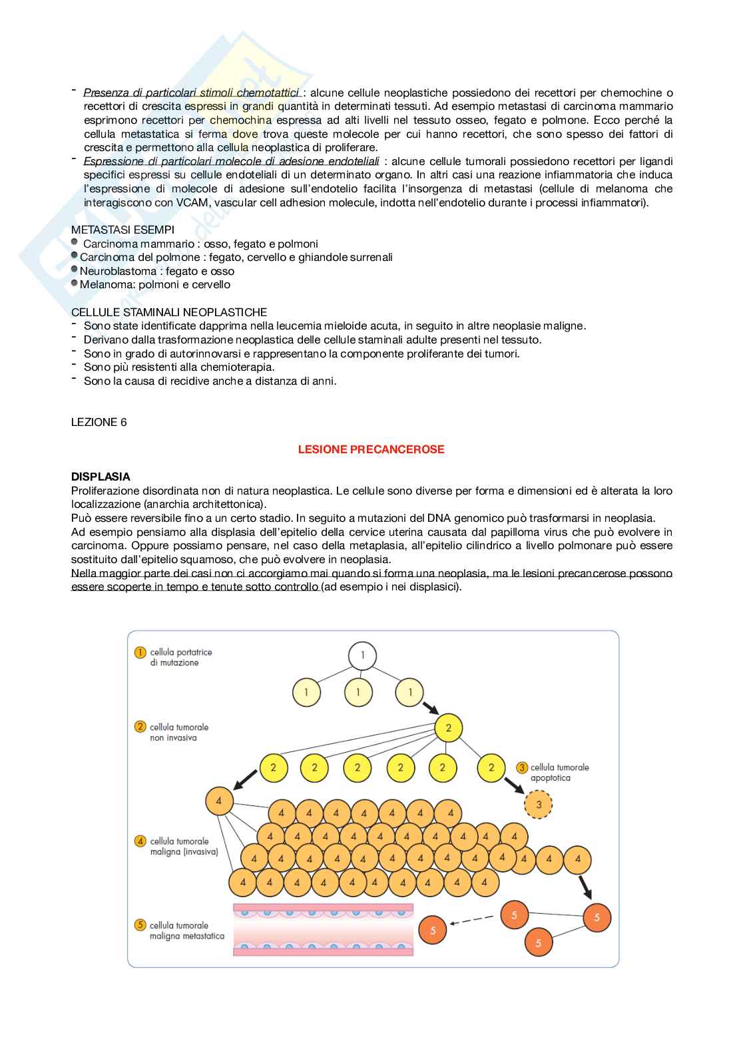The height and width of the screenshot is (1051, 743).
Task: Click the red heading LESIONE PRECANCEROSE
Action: [x=371, y=449]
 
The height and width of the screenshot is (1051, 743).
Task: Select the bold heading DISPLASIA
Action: [x=101, y=477]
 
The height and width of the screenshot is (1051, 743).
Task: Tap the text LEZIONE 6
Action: [x=99, y=422]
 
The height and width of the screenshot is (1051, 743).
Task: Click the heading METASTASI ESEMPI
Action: [x=123, y=230]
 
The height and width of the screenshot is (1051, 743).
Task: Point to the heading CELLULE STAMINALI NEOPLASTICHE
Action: [x=169, y=312]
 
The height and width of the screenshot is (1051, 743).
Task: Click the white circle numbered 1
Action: [x=362, y=656]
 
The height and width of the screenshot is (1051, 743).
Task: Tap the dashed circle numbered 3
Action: [x=539, y=804]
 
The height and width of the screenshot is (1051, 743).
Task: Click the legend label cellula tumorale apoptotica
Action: [x=559, y=772]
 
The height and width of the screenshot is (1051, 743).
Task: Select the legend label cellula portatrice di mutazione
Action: [x=180, y=658]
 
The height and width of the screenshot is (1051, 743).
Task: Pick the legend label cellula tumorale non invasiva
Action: [x=178, y=732]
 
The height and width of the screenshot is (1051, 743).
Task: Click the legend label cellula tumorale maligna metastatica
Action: [x=186, y=931]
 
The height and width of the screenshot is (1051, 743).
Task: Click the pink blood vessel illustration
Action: [x=323, y=929]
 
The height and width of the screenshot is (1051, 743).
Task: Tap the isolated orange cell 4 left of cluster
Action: [x=219, y=801]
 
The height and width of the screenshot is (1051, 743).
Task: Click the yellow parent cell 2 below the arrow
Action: [x=448, y=728]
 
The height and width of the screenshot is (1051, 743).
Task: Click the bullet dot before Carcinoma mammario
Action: [x=75, y=242]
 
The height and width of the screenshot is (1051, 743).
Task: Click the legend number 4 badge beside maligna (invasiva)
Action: [x=140, y=841]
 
